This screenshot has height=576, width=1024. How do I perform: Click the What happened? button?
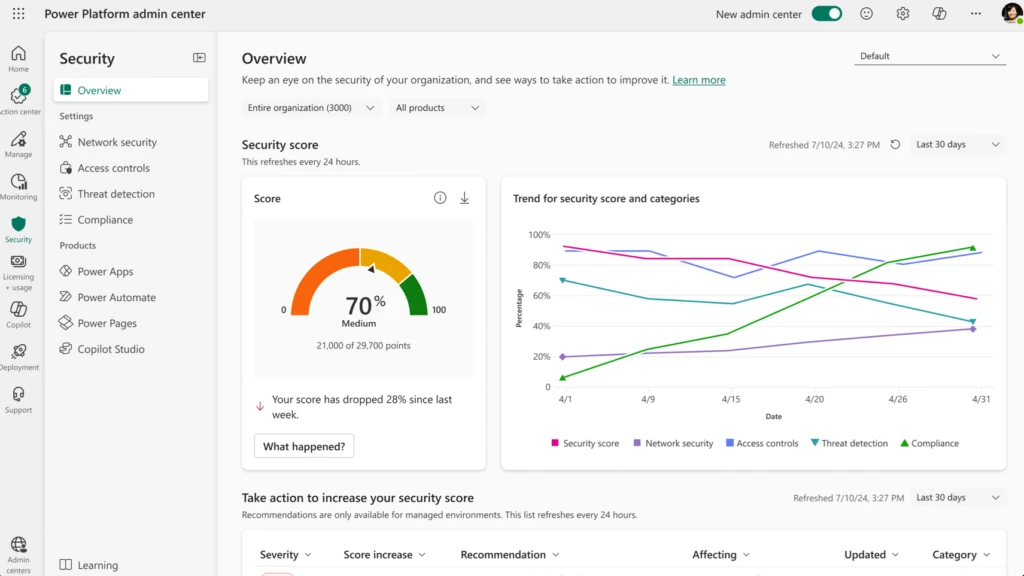pos(304,446)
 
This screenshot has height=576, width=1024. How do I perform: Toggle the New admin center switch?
pos(826,14)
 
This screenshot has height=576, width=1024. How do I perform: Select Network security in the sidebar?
pos(117,142)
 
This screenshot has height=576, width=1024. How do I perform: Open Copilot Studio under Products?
pos(111,349)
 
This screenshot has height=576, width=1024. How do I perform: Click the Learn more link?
pos(699,80)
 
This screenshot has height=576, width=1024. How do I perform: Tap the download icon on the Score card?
pos(464,198)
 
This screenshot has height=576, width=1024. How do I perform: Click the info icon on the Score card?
pos(440,198)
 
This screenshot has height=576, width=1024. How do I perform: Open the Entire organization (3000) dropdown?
pos(311,108)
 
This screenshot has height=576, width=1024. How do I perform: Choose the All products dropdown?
pos(437,108)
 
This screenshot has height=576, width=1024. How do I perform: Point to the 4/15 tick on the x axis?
pos(733,398)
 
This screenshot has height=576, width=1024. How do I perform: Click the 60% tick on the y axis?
pos(540,296)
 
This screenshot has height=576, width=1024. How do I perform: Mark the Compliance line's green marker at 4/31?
pos(972,247)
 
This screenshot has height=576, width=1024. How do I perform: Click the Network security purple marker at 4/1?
pos(563,357)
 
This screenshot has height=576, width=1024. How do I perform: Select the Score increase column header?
pos(384,555)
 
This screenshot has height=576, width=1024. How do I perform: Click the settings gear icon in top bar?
pos(903,14)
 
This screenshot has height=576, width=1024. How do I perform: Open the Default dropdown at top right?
pos(930,56)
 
